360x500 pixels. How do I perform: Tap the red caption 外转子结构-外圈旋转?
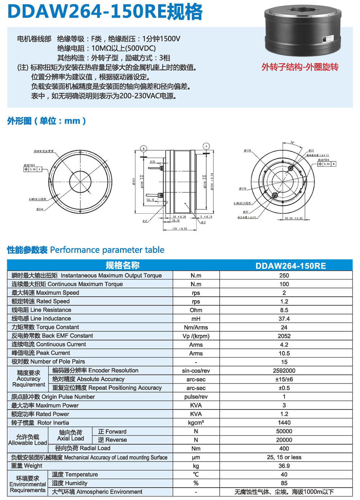(x=300, y=67)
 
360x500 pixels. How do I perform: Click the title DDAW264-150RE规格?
(x=105, y=12)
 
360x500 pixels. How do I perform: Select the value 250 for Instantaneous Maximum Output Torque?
(x=284, y=276)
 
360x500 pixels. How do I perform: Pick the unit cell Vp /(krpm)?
(x=196, y=336)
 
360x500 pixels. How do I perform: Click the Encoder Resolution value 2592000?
(x=284, y=371)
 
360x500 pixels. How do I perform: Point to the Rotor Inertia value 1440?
(x=284, y=423)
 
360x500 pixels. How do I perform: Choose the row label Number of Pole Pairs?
(x=48, y=362)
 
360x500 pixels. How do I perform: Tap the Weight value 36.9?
(x=284, y=466)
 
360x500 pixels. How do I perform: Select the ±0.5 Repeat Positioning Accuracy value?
(x=284, y=388)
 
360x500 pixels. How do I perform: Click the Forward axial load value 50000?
(x=284, y=431)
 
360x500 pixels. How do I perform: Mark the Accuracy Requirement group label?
(x=28, y=379)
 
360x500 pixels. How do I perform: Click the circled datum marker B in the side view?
(x=144, y=148)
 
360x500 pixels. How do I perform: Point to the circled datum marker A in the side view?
(x=206, y=146)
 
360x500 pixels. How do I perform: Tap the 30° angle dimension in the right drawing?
(x=292, y=143)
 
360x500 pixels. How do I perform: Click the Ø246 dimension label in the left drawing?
(x=40, y=209)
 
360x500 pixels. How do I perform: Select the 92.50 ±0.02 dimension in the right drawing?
(x=294, y=218)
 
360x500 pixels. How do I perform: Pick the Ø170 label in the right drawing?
(x=243, y=188)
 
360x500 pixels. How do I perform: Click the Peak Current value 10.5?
(x=284, y=353)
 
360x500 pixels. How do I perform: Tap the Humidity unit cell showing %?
(x=196, y=483)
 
